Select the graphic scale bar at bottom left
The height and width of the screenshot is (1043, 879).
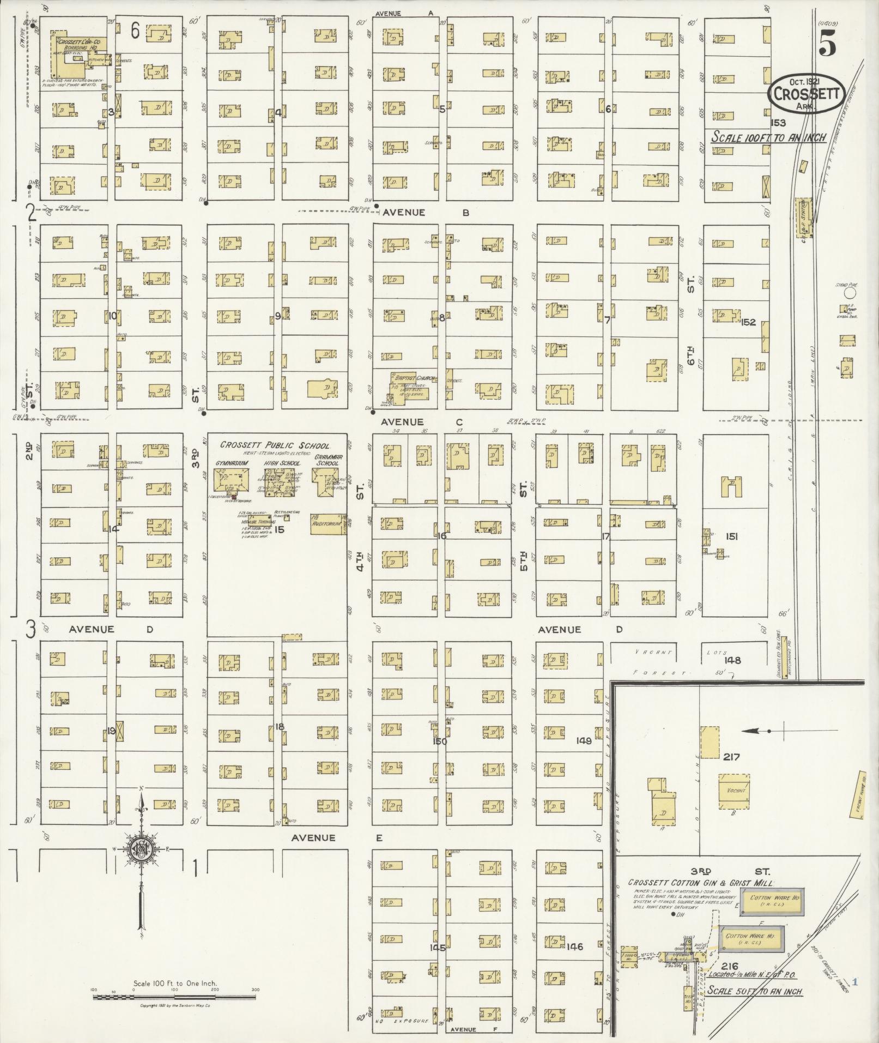pyautogui.click(x=174, y=997)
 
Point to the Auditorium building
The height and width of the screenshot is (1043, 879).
pyautogui.click(x=327, y=523)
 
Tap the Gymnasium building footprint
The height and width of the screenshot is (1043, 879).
pyautogui.click(x=231, y=481)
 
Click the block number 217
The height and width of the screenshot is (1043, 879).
pyautogui.click(x=731, y=757)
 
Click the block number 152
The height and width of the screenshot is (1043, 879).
pyautogui.click(x=748, y=322)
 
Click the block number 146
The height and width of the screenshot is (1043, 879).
pyautogui.click(x=575, y=946)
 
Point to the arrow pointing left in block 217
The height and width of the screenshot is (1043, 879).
pyautogui.click(x=755, y=731)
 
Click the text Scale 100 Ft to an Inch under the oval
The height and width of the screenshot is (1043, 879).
pyautogui.click(x=768, y=137)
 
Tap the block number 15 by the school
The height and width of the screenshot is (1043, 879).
pyautogui.click(x=280, y=529)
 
